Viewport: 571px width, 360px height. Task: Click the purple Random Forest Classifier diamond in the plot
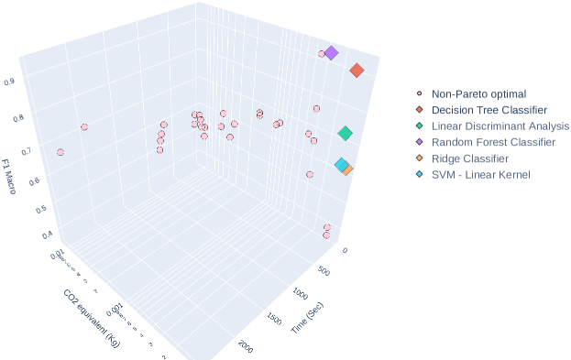click(x=332, y=53)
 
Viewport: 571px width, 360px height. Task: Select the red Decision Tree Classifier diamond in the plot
click(x=357, y=71)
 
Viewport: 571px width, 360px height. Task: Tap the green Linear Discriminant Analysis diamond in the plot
click(x=345, y=134)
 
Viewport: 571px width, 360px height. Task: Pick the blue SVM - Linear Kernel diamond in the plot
click(x=341, y=165)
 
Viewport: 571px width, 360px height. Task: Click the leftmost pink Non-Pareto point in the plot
click(x=60, y=152)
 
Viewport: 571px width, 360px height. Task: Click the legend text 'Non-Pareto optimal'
click(x=478, y=93)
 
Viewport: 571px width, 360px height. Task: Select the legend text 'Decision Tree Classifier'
click(x=489, y=110)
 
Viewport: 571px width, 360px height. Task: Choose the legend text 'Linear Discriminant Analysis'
click(x=500, y=125)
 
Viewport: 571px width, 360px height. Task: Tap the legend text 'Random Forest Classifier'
click(x=493, y=142)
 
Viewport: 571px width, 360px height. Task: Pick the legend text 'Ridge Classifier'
click(x=470, y=158)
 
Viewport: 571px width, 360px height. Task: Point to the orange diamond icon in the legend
click(x=419, y=158)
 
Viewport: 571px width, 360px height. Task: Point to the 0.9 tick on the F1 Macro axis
click(x=34, y=82)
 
